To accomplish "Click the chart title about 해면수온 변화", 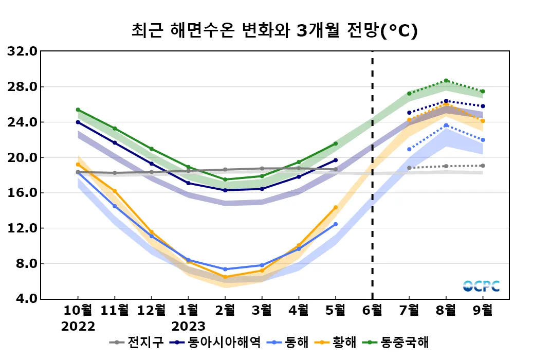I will point(274,31).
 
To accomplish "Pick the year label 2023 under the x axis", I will point(188,326).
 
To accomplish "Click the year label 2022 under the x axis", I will point(78,326).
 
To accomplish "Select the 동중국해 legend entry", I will point(398,342).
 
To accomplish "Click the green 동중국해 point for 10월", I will point(78,110).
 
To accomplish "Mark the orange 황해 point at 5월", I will point(336,207).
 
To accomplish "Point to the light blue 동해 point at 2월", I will point(225,269).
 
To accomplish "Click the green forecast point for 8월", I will point(446,81).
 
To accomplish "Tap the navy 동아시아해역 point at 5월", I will point(336,160).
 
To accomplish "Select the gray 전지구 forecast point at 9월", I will point(483,166).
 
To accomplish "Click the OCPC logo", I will point(481,286).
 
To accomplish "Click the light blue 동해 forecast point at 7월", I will point(409,149).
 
